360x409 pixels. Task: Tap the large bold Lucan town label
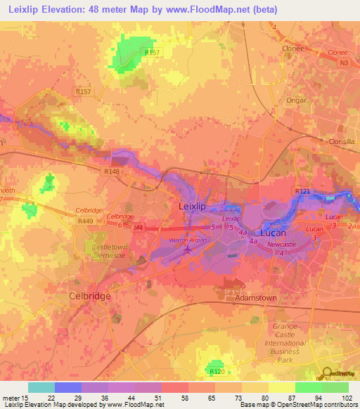pyautogui.click(x=274, y=233)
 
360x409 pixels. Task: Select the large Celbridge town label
pyautogui.click(x=89, y=296)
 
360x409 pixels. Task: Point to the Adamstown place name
pyautogui.click(x=254, y=297)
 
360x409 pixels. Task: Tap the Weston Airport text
pyautogui.click(x=187, y=240)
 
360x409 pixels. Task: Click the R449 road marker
pyautogui.click(x=85, y=221)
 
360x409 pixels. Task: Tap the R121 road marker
pyautogui.click(x=302, y=191)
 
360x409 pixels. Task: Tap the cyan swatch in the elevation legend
pyautogui.click(x=41, y=387)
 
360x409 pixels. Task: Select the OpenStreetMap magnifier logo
pyautogui.click(x=328, y=374)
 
